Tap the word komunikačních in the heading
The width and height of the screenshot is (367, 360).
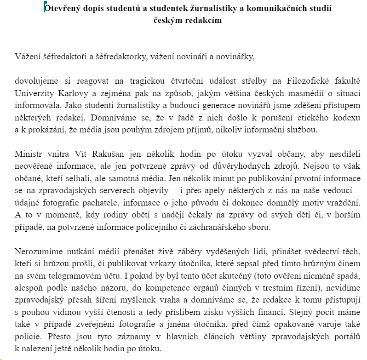point(269,9)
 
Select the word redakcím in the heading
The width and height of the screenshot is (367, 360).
point(204,21)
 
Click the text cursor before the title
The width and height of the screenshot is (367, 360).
point(44,8)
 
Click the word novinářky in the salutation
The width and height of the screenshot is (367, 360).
point(235,57)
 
